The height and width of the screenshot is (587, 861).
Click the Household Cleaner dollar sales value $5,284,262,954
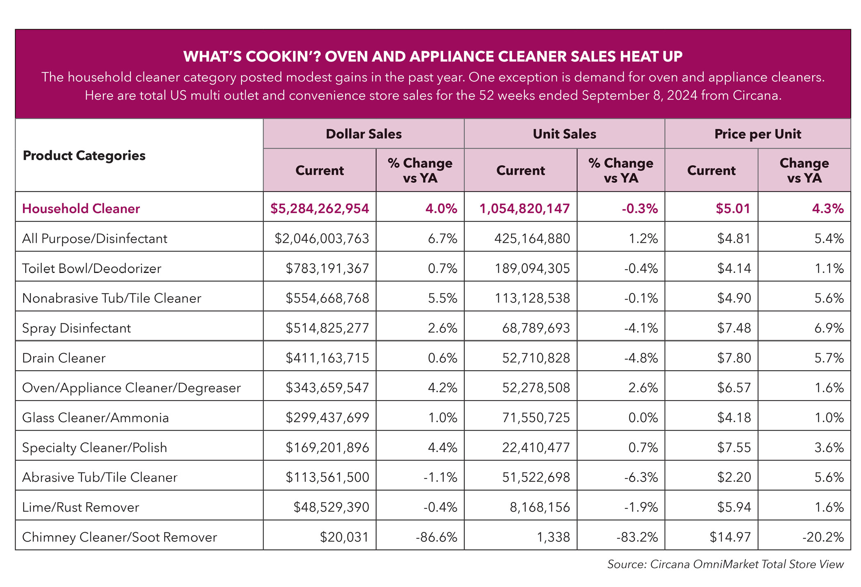(x=319, y=209)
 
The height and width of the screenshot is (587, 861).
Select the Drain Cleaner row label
(x=64, y=358)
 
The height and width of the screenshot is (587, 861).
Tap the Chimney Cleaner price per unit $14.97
(x=730, y=537)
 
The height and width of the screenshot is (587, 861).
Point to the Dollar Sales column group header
(x=364, y=134)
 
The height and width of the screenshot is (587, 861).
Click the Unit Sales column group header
(x=565, y=134)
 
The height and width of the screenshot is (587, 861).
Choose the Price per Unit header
(x=758, y=134)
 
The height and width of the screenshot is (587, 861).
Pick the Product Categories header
(x=84, y=156)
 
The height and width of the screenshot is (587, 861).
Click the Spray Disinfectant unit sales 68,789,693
(x=536, y=328)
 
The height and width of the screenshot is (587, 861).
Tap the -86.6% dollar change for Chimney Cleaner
(x=436, y=537)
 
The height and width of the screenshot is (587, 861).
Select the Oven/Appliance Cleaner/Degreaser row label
(x=131, y=388)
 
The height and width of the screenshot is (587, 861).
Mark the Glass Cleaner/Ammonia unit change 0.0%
(x=643, y=418)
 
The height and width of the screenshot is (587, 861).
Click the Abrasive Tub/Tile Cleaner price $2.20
(x=734, y=477)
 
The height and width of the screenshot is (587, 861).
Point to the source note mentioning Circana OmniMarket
(x=725, y=564)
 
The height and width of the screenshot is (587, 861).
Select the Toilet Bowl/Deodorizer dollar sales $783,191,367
(x=327, y=268)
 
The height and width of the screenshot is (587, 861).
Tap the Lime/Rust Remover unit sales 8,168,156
(x=540, y=507)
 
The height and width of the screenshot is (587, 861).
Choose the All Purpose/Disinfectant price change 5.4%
(x=829, y=239)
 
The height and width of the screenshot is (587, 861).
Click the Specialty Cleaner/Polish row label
(x=94, y=448)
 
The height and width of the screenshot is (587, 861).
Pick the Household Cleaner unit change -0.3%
(x=640, y=209)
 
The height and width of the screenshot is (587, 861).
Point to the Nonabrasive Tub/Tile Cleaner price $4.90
(x=734, y=298)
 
